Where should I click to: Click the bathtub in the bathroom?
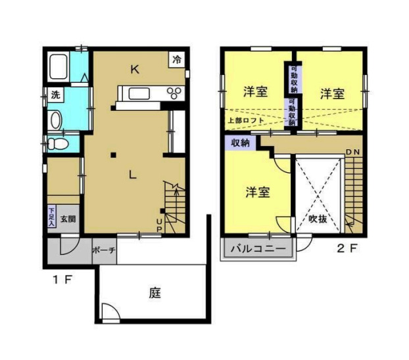click(59, 67)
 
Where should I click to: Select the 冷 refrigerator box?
click(177, 59)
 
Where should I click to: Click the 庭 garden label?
click(155, 294)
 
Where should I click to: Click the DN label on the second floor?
click(353, 152)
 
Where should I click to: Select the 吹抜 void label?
click(318, 220)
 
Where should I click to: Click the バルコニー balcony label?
click(258, 250)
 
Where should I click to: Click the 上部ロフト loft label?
click(246, 121)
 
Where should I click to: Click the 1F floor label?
click(62, 279)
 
